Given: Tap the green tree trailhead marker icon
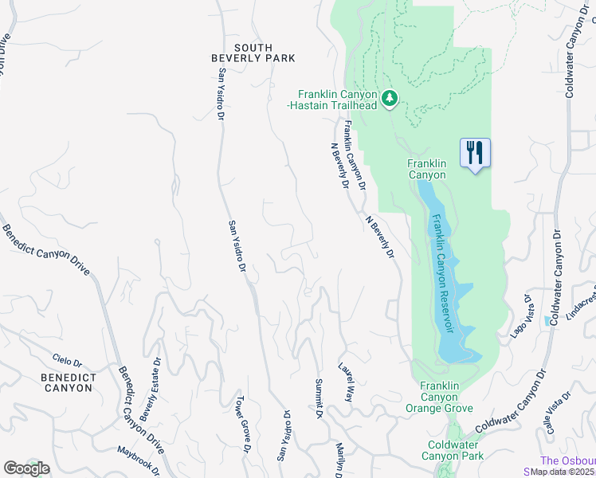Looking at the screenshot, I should (390, 99).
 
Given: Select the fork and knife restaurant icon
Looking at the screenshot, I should (475, 151).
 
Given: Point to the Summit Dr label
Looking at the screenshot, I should (317, 399).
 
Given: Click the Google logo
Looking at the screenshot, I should (26, 468).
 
